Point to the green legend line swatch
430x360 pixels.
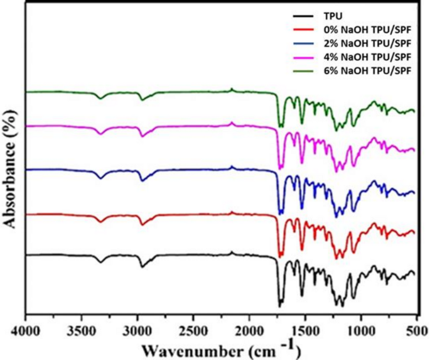[x=302, y=70]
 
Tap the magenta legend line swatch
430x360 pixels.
[x=302, y=57]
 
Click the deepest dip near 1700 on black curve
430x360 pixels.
[x=279, y=306]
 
